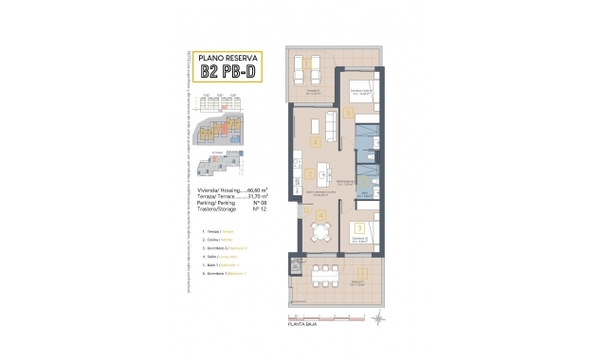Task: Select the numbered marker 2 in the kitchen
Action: point(311,173)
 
